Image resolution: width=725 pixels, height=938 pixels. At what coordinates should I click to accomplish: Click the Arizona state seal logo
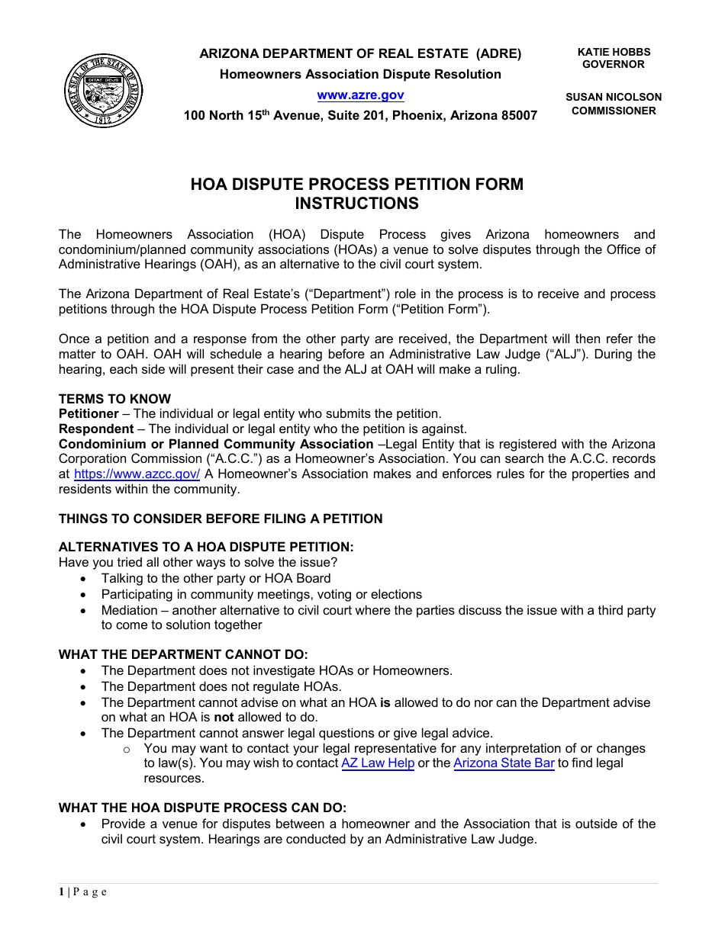tap(103, 92)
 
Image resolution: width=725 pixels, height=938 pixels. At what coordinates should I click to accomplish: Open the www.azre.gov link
tap(360, 95)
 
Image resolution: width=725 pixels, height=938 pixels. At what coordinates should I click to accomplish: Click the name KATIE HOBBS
tap(614, 52)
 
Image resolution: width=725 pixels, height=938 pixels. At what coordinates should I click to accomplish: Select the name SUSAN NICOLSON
tap(614, 97)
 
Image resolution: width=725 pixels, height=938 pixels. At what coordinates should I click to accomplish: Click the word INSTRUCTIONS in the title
tap(356, 204)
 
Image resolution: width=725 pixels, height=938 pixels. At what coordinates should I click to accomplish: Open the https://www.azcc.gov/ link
tap(137, 474)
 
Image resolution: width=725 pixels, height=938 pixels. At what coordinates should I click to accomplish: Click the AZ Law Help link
tap(378, 763)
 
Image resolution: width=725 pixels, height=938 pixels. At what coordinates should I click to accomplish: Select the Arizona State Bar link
tap(504, 763)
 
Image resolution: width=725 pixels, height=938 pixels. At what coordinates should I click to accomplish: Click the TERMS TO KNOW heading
tap(114, 399)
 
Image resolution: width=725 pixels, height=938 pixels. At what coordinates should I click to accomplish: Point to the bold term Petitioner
tap(89, 414)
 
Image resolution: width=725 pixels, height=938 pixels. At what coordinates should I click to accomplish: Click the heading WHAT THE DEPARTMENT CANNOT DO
tap(183, 655)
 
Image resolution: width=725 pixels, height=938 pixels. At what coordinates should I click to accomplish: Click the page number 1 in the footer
tap(61, 892)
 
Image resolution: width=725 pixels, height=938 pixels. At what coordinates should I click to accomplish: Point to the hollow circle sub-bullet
tap(127, 749)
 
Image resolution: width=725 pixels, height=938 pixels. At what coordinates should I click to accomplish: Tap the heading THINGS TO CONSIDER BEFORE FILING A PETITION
tap(221, 519)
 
